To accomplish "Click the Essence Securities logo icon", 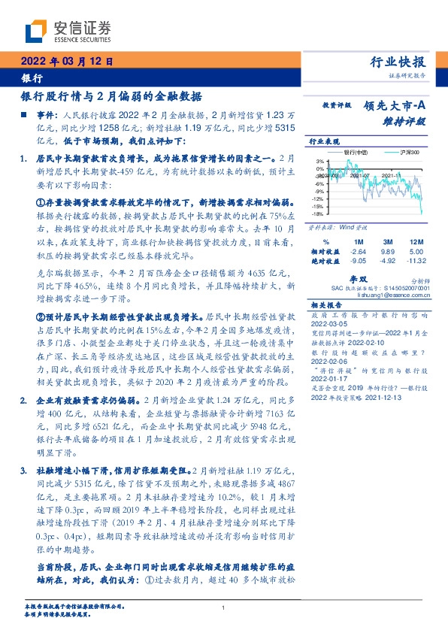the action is click(x=36, y=32).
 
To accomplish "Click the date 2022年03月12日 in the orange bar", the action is click(x=65, y=62).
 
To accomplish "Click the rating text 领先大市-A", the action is click(x=395, y=106).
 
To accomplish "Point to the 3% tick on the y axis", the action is click(x=320, y=161).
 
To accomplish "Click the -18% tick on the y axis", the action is click(x=319, y=213).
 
